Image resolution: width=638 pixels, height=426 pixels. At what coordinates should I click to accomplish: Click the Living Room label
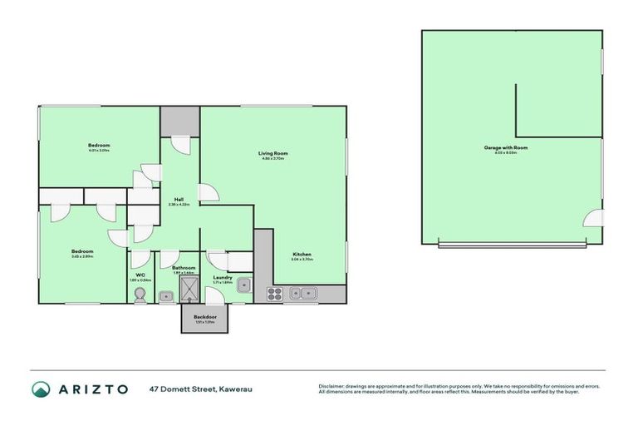[x=272, y=153]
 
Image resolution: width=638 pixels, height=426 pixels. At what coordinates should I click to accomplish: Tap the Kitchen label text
[x=302, y=254]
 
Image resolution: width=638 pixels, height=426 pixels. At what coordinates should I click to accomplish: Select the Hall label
[x=179, y=199]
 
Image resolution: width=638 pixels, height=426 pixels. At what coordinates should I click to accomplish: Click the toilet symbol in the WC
[x=140, y=296]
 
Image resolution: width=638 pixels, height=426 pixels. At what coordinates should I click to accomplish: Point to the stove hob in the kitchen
[x=275, y=292]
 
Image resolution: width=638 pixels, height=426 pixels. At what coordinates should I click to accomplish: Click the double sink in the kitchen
[x=307, y=292]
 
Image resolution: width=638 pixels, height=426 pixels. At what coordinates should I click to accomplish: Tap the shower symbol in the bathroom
[x=190, y=290]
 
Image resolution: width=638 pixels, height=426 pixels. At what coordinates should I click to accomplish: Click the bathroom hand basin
[x=165, y=295]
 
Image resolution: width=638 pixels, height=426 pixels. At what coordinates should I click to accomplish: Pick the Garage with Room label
[x=506, y=147]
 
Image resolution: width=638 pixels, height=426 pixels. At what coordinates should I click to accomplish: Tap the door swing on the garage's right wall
[x=592, y=219]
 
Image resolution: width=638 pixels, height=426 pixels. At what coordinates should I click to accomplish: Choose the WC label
[x=140, y=275]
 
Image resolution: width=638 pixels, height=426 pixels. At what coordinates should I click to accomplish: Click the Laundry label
[x=222, y=277]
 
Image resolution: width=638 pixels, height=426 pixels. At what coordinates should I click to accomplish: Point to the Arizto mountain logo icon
[x=42, y=389]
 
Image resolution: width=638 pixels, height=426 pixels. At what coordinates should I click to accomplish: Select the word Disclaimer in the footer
[x=333, y=386]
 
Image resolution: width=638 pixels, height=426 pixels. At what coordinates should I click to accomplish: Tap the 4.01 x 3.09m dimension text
[x=99, y=151]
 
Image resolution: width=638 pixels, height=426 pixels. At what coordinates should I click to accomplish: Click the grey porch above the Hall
[x=179, y=121]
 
